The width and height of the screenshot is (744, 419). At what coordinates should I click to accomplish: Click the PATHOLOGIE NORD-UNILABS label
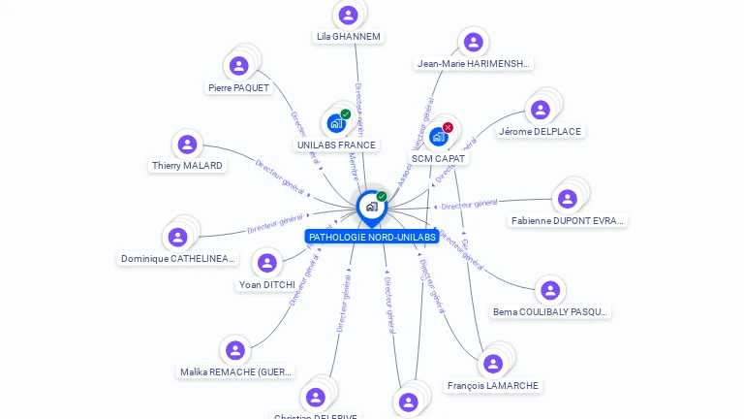371,237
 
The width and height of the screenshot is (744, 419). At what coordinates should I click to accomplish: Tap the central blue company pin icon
370,207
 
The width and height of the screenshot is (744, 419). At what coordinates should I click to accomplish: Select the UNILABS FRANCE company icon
335,123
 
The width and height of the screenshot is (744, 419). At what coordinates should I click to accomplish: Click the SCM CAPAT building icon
438,137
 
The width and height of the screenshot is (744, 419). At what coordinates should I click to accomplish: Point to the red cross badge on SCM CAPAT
448,127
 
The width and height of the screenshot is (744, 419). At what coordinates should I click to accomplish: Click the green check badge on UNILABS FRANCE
346,114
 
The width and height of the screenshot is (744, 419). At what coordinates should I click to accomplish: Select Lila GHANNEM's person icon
349,16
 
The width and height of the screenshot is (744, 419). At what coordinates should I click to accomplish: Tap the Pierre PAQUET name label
238,88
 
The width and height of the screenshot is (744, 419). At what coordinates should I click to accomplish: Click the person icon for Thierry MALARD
187,145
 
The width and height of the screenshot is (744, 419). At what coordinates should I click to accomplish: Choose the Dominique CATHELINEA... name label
178,259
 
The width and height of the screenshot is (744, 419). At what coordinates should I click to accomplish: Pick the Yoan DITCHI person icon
266,263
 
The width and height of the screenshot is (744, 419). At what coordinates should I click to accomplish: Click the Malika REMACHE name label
236,371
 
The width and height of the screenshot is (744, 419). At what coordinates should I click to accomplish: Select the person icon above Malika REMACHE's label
235,350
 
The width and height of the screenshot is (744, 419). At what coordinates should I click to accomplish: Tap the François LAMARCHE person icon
493,364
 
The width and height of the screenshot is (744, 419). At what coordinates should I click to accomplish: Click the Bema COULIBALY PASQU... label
550,312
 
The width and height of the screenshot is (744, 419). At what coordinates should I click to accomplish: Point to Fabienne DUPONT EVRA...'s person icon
568,199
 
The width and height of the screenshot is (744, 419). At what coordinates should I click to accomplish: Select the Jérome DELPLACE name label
541,132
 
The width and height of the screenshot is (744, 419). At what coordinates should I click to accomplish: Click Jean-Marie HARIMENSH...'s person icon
473,42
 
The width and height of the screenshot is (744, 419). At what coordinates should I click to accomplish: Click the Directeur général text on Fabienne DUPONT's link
469,204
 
